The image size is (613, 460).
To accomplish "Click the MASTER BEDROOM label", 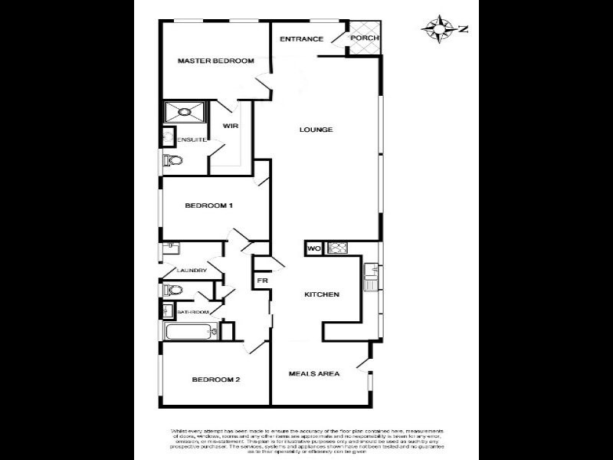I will point(215,61).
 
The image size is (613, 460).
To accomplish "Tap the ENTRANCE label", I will point(300,39).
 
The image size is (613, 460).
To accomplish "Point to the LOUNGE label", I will point(316,130).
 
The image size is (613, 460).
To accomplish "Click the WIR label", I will point(230,125).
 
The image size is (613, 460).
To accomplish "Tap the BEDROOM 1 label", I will point(208,205).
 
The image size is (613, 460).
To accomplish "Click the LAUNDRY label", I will point(192,271).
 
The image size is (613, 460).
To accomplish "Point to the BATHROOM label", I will point(193,312).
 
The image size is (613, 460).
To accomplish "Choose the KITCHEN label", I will point(322,294).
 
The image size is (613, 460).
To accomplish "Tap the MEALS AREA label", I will point(313,374).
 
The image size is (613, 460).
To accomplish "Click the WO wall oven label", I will point(313,248).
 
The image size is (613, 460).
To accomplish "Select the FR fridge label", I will point(261,281).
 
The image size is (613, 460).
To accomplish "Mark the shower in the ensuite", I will point(185,112).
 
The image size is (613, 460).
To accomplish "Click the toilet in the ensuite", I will point(172,160).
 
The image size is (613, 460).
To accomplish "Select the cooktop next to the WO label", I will point(337,248).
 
